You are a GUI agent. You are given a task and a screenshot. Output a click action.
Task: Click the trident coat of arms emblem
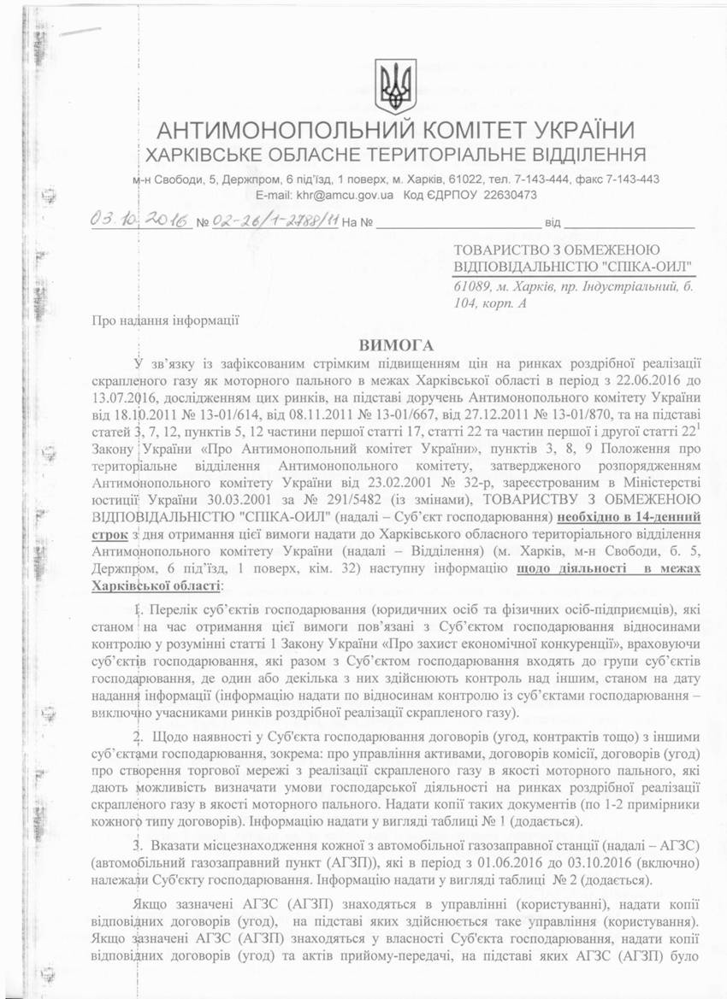point(395,86)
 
